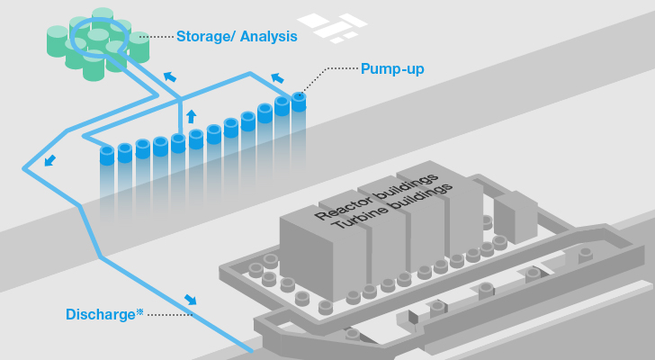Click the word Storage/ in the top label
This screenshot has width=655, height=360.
(203, 37)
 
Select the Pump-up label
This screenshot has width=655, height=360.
(391, 68)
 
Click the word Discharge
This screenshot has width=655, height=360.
(100, 314)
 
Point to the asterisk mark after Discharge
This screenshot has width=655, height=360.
(139, 311)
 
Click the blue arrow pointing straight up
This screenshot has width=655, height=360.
(190, 116)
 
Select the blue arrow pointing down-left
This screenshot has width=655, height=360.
(49, 160)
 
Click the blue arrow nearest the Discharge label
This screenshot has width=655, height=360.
(190, 299)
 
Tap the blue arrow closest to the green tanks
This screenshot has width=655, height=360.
(169, 76)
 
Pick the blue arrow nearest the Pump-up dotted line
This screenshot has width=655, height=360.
(277, 78)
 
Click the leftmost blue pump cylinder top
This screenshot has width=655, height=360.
(107, 150)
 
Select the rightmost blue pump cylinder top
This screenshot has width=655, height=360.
(299, 96)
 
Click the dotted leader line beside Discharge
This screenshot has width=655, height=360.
(170, 314)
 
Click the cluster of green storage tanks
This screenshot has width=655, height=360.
(94, 45)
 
